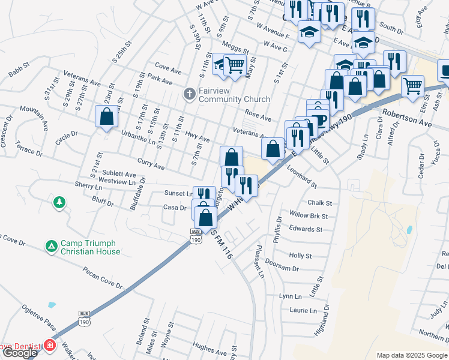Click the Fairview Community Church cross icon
click(190, 93)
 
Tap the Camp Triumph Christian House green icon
click(52, 246)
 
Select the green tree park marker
click(59, 202)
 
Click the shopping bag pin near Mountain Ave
click(106, 116)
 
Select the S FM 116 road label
click(221, 247)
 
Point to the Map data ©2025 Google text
click(411, 355)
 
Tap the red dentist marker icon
click(50, 346)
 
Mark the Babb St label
click(19, 70)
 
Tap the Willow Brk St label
click(308, 216)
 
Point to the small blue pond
click(409, 229)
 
